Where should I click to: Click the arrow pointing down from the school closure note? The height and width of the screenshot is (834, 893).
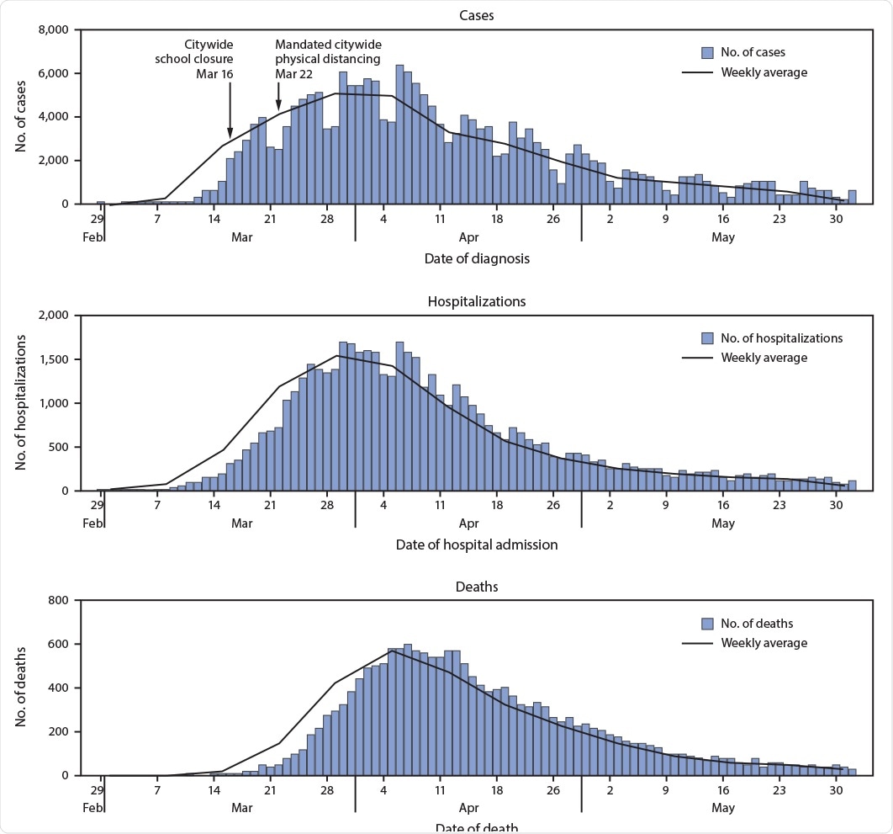click(x=230, y=109)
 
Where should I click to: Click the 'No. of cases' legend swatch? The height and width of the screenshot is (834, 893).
click(x=708, y=52)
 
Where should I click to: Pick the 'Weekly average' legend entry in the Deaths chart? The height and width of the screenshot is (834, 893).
click(x=764, y=643)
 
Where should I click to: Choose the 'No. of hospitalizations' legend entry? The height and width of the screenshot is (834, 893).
click(x=781, y=338)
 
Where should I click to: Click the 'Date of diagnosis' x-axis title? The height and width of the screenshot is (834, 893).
click(x=476, y=258)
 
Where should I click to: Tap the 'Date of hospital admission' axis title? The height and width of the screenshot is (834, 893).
click(x=476, y=544)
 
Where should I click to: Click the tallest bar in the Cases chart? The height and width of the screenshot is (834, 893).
click(x=399, y=134)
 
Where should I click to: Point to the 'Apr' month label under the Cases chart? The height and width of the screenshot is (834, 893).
click(x=468, y=237)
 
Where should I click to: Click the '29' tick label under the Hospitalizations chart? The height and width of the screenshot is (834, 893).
click(x=97, y=505)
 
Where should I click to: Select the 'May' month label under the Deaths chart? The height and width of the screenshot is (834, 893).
click(x=722, y=808)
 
